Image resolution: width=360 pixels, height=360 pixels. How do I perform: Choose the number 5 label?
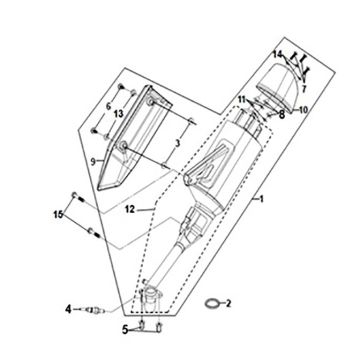tap(126, 328)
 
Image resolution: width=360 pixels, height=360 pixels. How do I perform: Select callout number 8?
tap(284, 114)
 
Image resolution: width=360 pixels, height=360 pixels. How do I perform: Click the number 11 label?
tap(241, 97)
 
